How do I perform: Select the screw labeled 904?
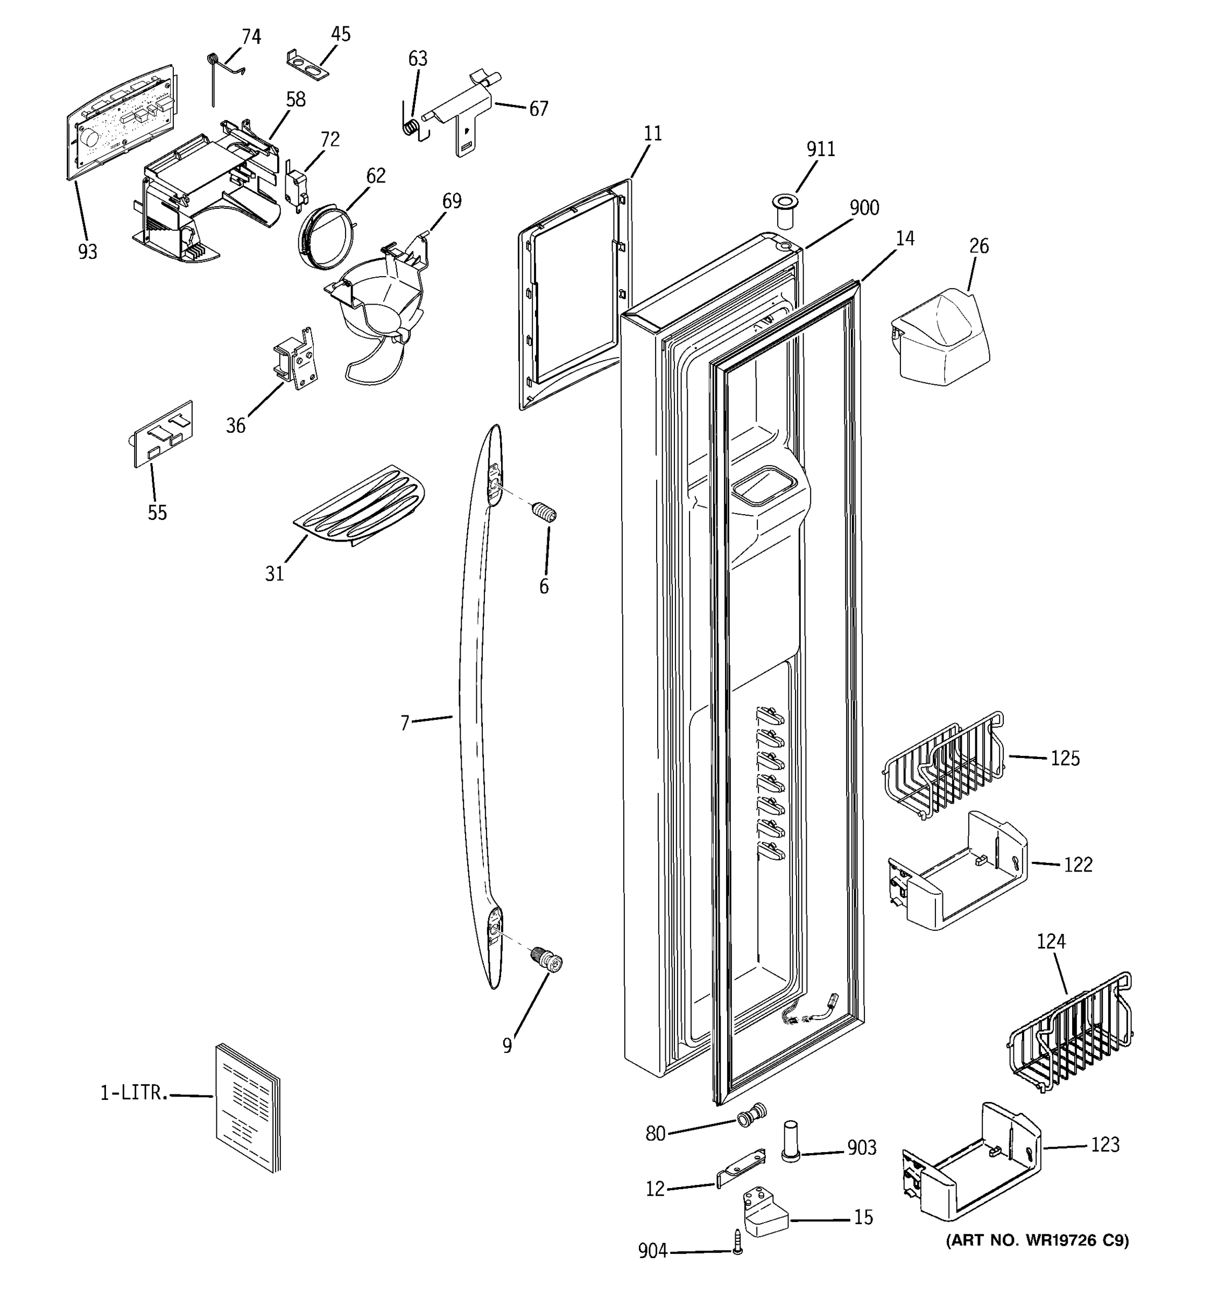[737, 1241]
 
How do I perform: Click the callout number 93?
[87, 251]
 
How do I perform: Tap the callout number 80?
[655, 1133]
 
